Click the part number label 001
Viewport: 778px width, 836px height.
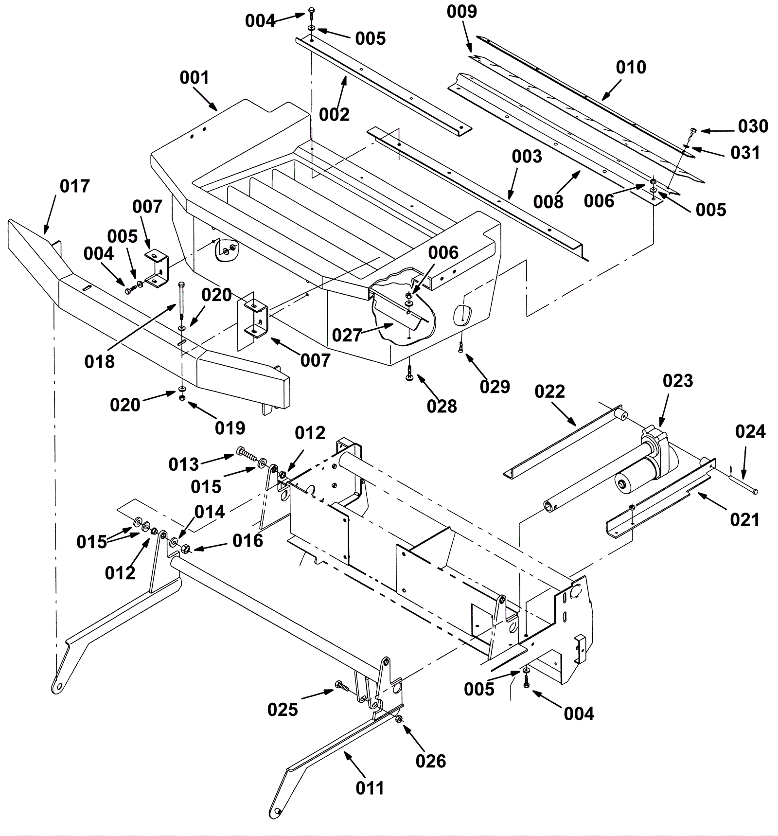194,77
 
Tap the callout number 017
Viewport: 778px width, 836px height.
75,186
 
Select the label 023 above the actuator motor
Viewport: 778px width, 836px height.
678,381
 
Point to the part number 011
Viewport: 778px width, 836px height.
370,788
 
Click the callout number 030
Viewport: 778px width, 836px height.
753,126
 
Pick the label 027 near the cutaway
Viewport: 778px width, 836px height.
347,335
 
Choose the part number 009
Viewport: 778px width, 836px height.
462,12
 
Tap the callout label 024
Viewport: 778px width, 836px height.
750,431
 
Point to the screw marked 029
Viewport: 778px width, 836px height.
460,346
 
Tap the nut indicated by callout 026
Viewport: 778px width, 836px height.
399,719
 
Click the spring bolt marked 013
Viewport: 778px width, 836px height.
247,455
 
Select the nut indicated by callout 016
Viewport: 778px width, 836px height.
185,549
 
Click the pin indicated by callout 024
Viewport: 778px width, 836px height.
743,485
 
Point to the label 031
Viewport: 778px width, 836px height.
745,153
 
